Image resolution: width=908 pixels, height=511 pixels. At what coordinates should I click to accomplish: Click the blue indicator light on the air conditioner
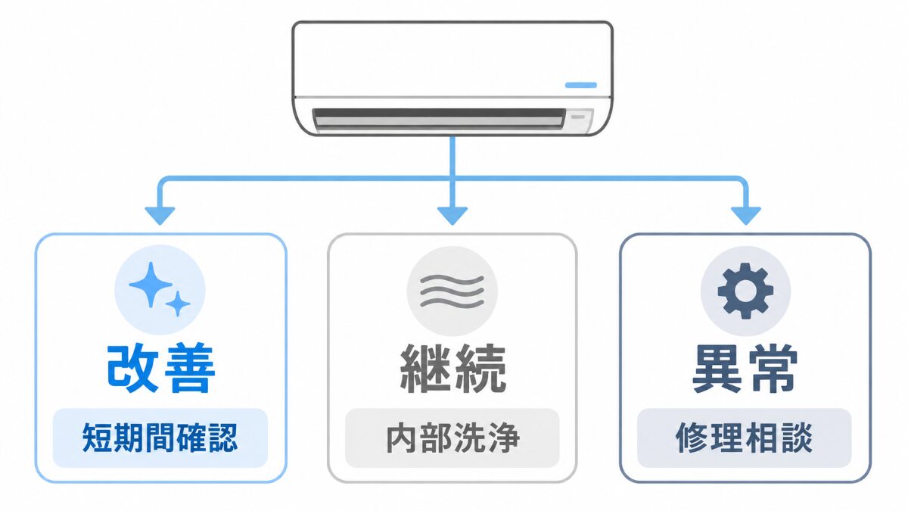point(581,85)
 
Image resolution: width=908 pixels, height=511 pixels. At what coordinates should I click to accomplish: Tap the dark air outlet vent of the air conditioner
point(439,119)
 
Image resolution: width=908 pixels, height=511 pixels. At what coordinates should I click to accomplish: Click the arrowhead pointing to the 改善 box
point(160,216)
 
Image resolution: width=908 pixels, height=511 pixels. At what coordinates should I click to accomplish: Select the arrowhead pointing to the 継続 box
point(452,216)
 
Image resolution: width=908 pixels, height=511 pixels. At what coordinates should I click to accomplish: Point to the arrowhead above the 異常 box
point(746,216)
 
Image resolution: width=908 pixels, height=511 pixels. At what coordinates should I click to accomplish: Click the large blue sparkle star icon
point(151,285)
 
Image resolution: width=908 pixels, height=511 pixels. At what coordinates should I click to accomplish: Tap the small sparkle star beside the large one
point(178,304)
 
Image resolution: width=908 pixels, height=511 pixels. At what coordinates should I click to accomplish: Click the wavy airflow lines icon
point(452,291)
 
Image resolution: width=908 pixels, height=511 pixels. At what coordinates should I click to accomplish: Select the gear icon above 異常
point(745,291)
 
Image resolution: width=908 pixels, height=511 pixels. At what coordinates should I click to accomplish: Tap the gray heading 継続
point(452,369)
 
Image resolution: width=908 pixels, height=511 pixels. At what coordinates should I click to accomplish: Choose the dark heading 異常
point(745,369)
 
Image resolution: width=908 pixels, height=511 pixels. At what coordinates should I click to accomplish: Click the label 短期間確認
point(160,438)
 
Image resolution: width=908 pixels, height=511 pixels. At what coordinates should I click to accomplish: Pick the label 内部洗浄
point(452,438)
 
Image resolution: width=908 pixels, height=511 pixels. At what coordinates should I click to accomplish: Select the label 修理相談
point(745,438)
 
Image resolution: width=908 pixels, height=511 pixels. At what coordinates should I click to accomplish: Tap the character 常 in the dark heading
point(773,369)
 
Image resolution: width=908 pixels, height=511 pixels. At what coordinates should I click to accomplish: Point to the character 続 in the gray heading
point(480,369)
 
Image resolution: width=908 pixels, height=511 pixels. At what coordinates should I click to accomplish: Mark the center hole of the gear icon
point(745,291)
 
